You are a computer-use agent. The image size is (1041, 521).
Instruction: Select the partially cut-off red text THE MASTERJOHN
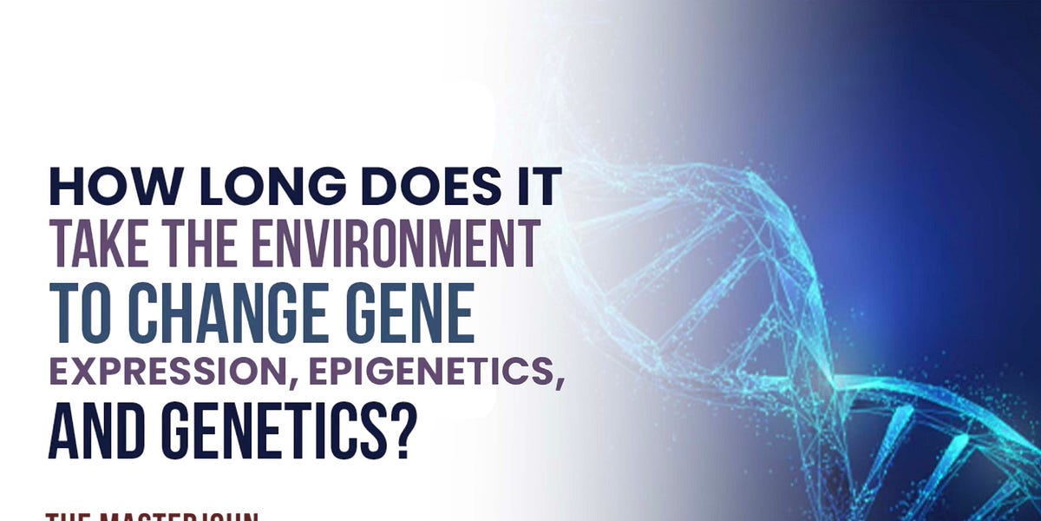[152, 517]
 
